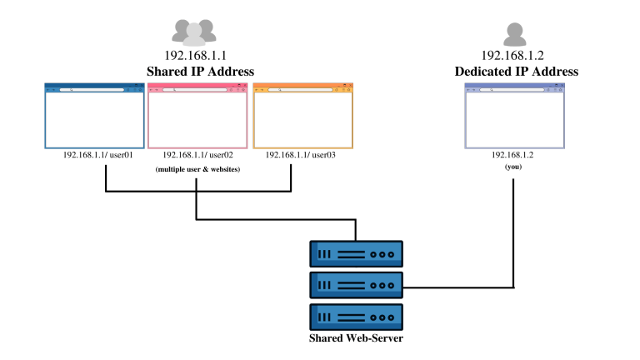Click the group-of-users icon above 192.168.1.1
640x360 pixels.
click(194, 32)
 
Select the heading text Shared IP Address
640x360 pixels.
click(200, 72)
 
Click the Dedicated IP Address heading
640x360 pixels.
click(516, 72)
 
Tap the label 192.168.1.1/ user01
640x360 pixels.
click(97, 155)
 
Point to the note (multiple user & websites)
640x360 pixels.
click(197, 169)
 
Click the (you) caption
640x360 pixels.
click(513, 167)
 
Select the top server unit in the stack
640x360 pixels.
click(356, 253)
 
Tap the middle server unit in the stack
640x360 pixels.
click(356, 284)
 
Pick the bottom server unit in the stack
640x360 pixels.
click(356, 317)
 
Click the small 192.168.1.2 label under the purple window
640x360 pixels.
click(513, 155)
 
